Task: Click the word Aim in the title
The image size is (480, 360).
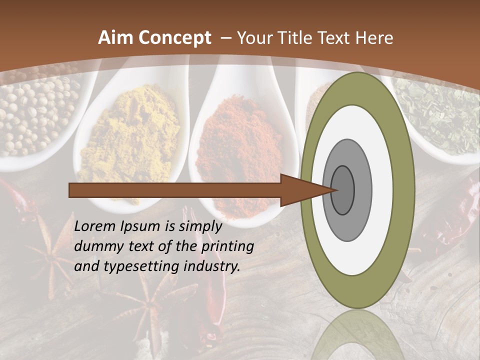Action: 115,38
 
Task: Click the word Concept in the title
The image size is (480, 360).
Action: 174,38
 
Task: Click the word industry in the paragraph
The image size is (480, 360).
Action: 210,266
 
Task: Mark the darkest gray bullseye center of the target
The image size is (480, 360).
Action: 342,190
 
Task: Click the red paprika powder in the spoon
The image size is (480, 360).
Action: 240,145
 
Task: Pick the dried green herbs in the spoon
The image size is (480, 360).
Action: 440,110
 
